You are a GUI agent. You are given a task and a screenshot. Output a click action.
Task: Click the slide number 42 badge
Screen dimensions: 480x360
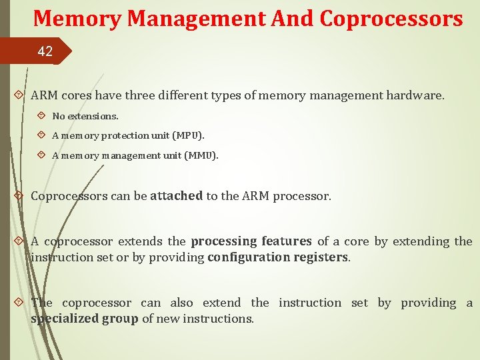[45, 51]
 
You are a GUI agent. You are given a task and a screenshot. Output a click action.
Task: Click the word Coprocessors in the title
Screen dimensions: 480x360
[391, 18]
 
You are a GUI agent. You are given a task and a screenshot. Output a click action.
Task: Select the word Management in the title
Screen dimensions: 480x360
[193, 18]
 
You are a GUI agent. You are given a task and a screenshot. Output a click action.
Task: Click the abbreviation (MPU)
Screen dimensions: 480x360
[189, 135]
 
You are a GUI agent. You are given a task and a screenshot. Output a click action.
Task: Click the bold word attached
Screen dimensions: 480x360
[177, 196]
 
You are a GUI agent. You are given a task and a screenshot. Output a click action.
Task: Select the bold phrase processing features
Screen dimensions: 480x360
[251, 241]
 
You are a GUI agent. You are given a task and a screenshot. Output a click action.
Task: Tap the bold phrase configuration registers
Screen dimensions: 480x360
[278, 257]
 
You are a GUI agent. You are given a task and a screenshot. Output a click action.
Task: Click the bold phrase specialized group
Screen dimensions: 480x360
[84, 319]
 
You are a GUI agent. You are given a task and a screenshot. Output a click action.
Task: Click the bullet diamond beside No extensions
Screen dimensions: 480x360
[41, 115]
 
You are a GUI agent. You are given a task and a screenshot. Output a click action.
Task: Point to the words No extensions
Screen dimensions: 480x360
[85, 116]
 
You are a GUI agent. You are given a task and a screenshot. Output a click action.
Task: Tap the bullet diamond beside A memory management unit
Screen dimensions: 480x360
[41, 155]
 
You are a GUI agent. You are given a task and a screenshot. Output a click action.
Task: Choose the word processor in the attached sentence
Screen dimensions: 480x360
[304, 196]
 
